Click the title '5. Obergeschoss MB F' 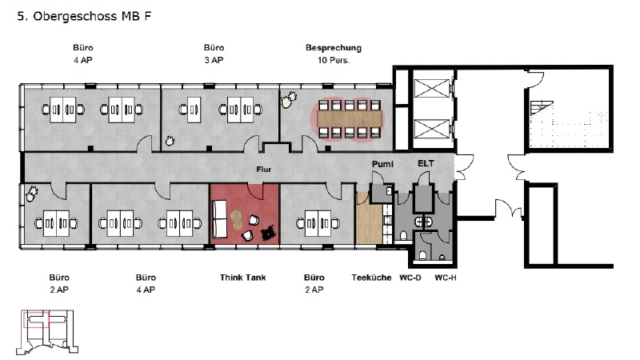pyautogui.click(x=84, y=16)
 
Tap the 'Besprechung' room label pyautogui.click(x=334, y=48)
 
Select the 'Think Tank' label pyautogui.click(x=243, y=278)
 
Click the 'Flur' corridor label pyautogui.click(x=264, y=170)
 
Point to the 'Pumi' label pyautogui.click(x=382, y=164)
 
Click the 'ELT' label pyautogui.click(x=426, y=163)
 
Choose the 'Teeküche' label pyautogui.click(x=371, y=278)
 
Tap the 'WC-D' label pyautogui.click(x=410, y=278)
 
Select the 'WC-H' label pyautogui.click(x=446, y=278)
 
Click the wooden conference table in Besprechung pyautogui.click(x=350, y=118)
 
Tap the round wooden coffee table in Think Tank pyautogui.click(x=236, y=218)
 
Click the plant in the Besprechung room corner pyautogui.click(x=289, y=99)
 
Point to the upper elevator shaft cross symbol pyautogui.click(x=432, y=89)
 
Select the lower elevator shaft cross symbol pyautogui.click(x=432, y=129)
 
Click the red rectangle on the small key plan pyautogui.click(x=36, y=319)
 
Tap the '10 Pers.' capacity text pyautogui.click(x=334, y=60)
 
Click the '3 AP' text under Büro pyautogui.click(x=214, y=60)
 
